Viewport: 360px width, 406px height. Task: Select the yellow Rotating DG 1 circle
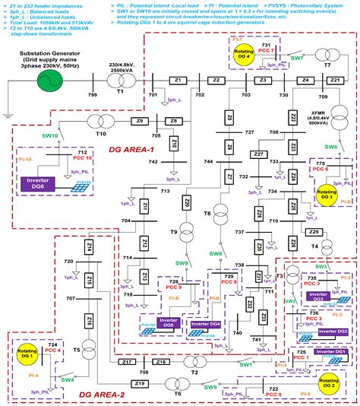26,355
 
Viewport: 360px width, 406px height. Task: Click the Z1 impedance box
178,80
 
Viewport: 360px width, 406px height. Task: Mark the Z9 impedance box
139,121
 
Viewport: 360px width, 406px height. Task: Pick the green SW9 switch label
182,263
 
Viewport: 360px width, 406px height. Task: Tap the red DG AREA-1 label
131,149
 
